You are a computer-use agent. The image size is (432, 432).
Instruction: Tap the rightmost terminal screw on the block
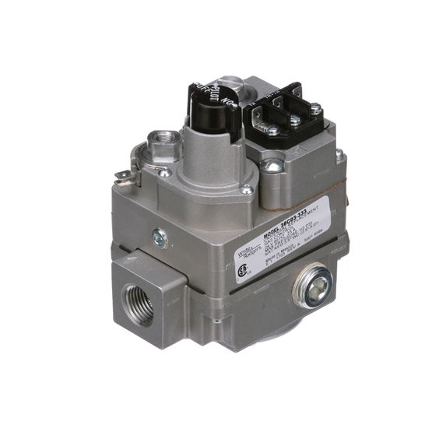click(x=316, y=110)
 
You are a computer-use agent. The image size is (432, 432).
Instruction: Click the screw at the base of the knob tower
click(x=247, y=188)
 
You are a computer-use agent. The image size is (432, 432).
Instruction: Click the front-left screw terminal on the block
click(x=272, y=130)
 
